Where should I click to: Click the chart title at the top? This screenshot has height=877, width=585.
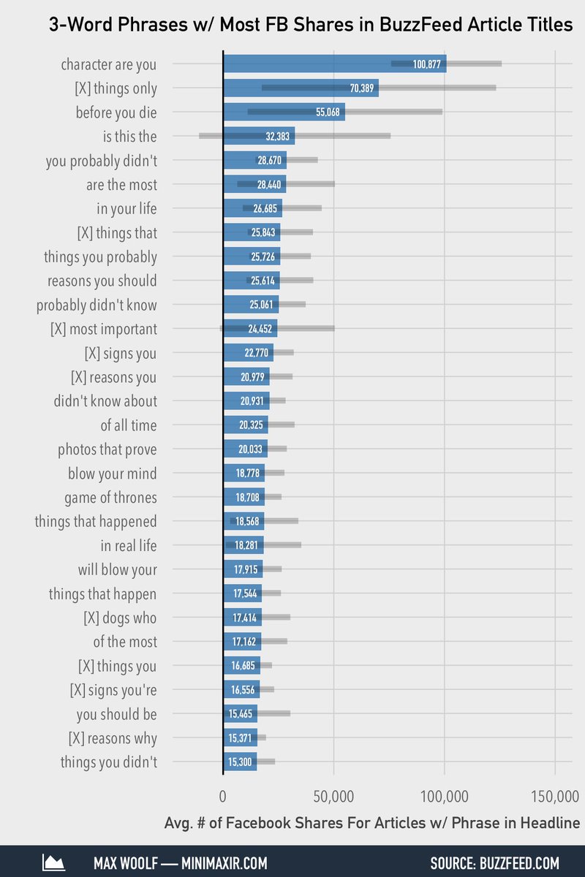click(x=311, y=25)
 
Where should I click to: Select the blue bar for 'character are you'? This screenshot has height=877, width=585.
click(x=334, y=64)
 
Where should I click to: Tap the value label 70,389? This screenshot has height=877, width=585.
click(x=362, y=88)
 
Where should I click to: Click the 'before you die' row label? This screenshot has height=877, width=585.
click(x=116, y=113)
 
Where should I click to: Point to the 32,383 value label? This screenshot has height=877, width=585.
click(x=277, y=137)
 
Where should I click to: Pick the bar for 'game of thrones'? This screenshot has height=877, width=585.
click(x=244, y=498)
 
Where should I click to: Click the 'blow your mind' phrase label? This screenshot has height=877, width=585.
click(x=113, y=474)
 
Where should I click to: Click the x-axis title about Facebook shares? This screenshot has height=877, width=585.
click(x=371, y=824)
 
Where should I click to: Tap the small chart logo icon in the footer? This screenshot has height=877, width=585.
click(x=54, y=863)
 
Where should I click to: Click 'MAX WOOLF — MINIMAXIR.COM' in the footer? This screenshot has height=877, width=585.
click(x=180, y=863)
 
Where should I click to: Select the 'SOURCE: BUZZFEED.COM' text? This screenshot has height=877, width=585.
click(x=494, y=863)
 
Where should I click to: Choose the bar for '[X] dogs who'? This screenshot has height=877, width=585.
click(x=242, y=618)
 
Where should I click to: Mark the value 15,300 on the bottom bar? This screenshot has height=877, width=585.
click(x=240, y=762)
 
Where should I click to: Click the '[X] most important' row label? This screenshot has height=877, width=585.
click(x=104, y=329)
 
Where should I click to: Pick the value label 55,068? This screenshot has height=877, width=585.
click(x=328, y=113)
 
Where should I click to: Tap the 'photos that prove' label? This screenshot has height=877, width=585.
click(x=107, y=449)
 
